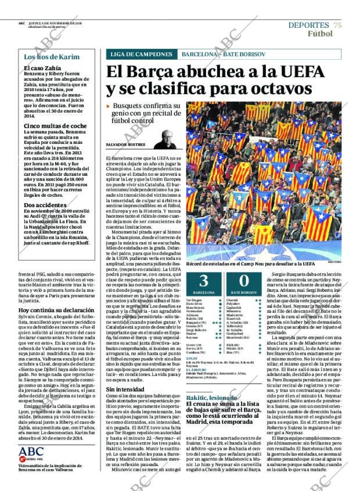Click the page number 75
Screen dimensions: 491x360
337,25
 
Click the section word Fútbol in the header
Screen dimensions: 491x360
320,34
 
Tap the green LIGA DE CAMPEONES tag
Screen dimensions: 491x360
140,55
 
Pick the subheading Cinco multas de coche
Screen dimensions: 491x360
55,125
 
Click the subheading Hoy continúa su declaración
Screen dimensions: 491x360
57,311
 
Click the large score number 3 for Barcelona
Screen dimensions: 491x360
204,281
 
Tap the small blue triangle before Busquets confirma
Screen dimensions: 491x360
109,107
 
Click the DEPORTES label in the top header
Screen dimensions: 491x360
309,25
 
